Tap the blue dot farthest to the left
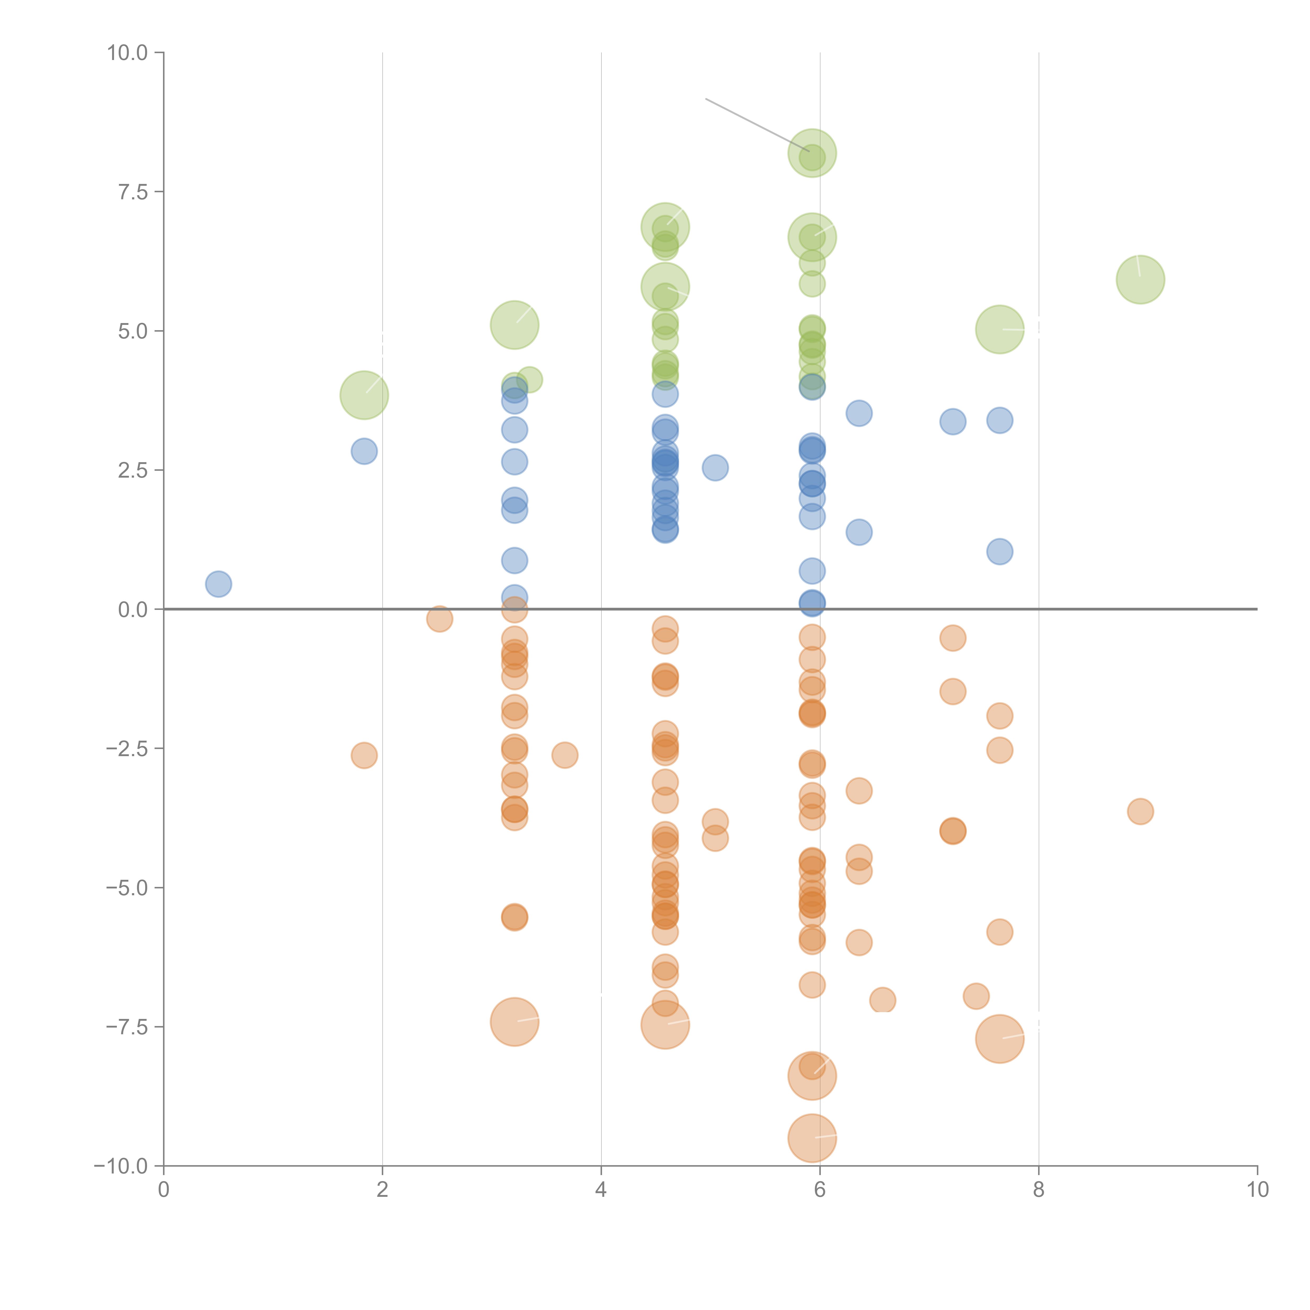218,584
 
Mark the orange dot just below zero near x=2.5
439,618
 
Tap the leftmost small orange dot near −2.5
364,755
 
